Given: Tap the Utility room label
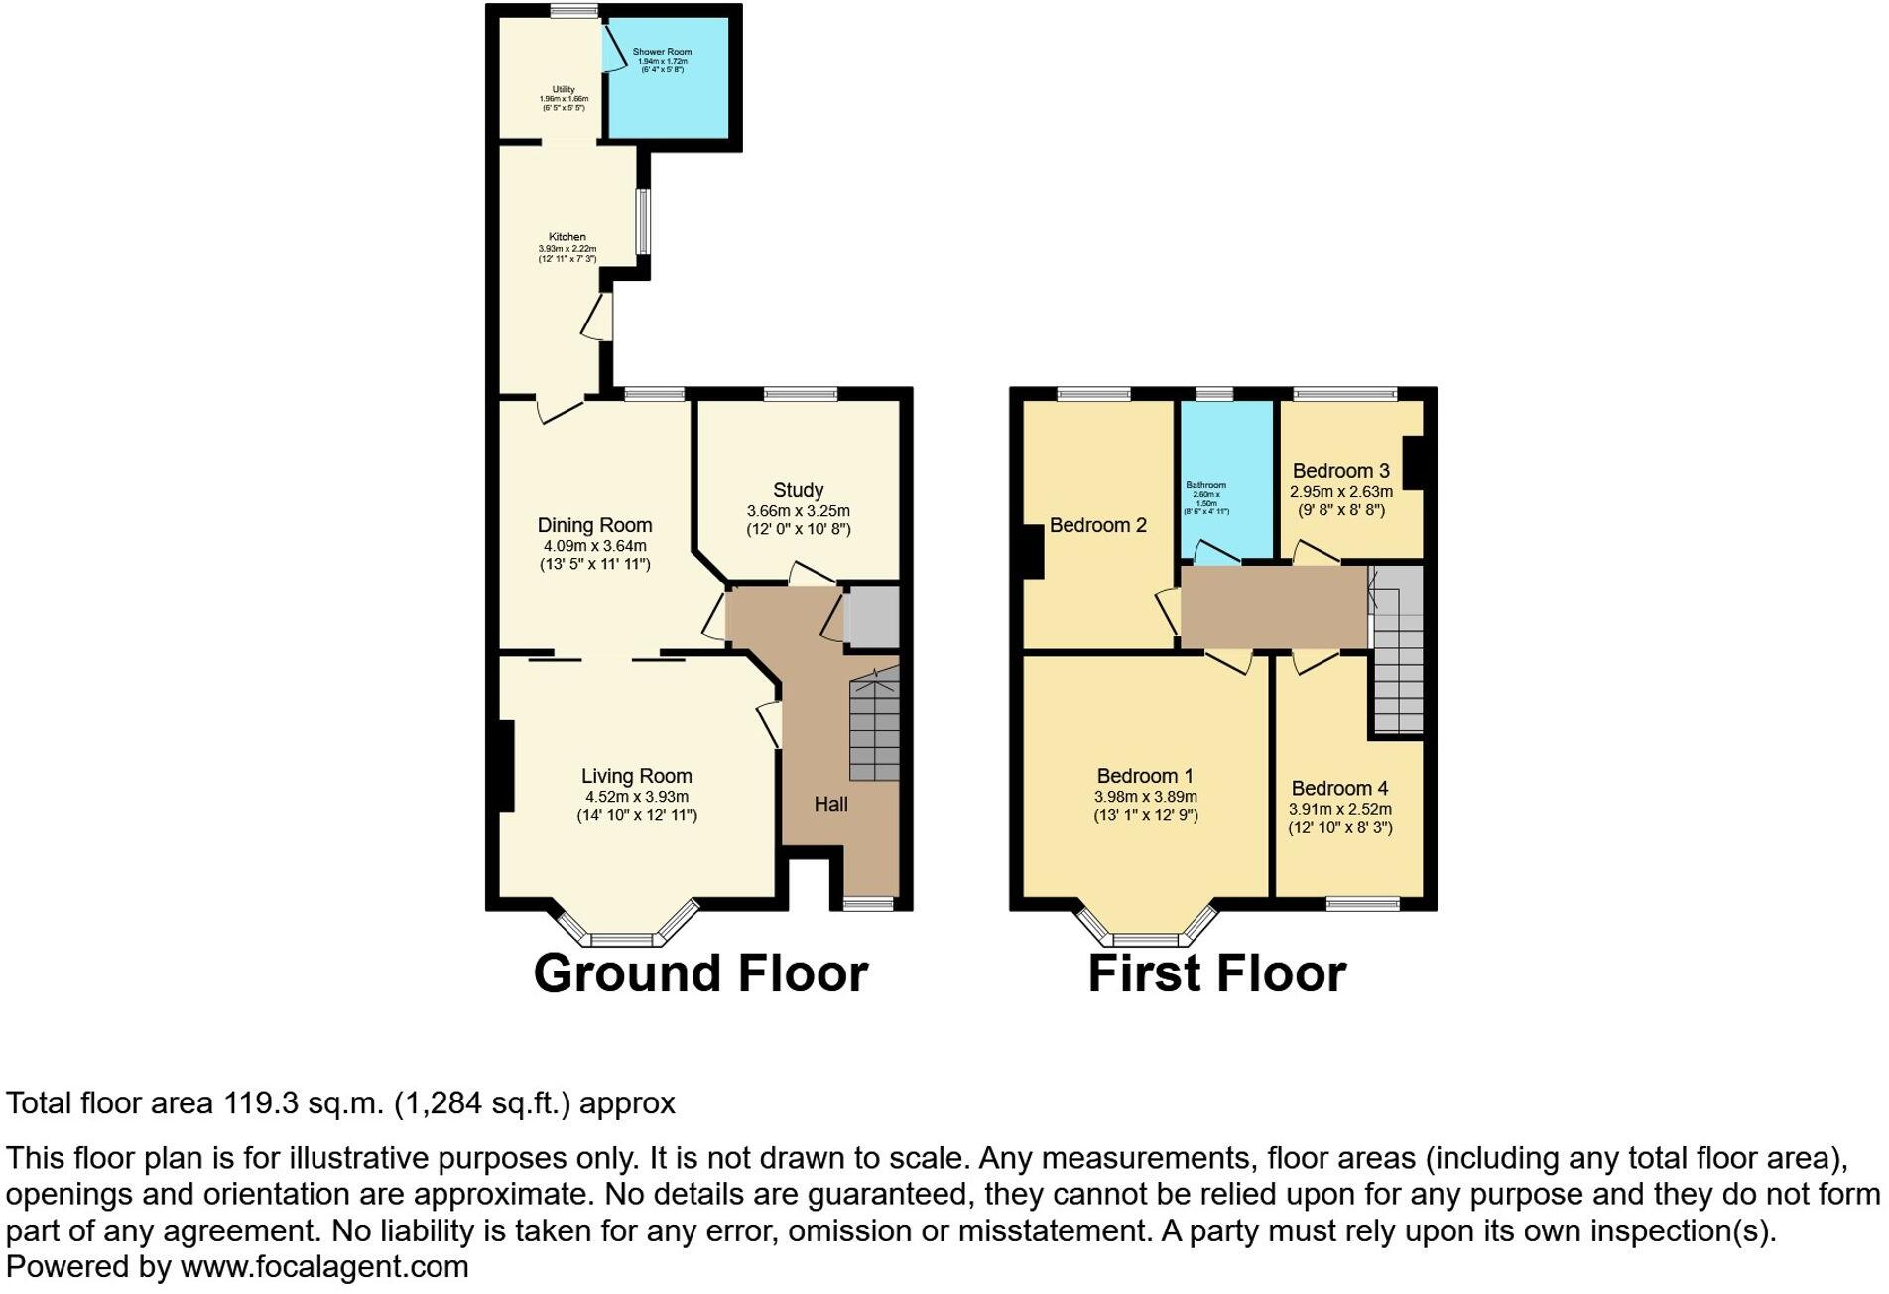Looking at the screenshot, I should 564,89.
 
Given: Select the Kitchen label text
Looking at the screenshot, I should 567,237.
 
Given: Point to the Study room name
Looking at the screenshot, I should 798,490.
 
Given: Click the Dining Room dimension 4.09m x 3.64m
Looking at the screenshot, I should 594,546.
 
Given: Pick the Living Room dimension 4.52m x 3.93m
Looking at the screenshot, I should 636,796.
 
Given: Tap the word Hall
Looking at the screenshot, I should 830,804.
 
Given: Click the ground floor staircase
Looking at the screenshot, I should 874,726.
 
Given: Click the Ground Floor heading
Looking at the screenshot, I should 700,973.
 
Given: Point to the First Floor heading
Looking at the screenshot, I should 1216,973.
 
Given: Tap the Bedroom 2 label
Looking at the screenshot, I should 1097,525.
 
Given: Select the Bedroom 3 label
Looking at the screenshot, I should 1340,471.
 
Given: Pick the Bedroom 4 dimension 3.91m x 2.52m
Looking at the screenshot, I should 1339,809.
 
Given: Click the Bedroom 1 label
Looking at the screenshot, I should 1145,776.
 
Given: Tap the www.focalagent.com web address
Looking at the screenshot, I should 323,1267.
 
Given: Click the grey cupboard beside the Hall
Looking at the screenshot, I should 871,617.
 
